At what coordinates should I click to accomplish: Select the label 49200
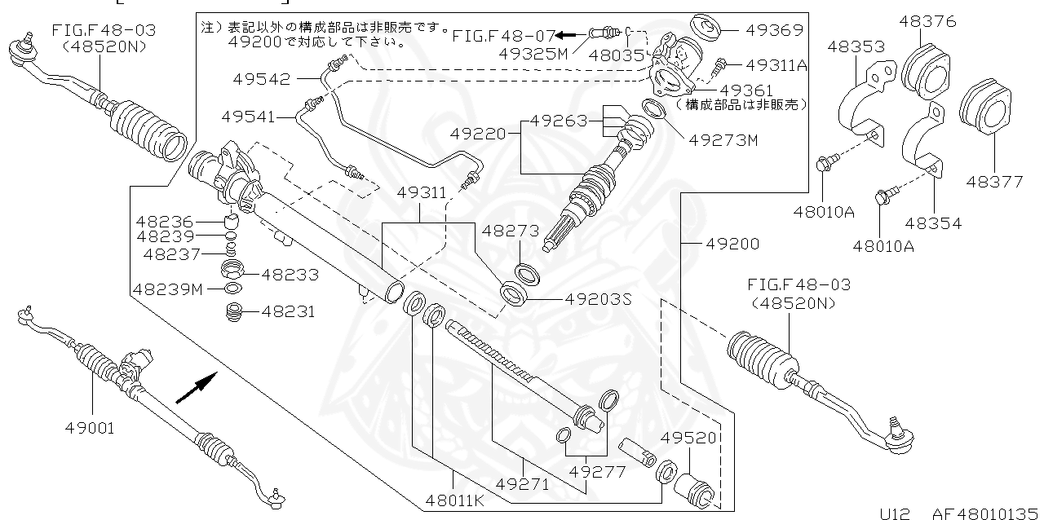[x=732, y=244]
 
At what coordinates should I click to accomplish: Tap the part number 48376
[x=927, y=21]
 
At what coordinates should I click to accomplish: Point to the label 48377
[x=994, y=182]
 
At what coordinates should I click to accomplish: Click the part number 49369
[x=773, y=30]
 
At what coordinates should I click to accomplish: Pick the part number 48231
[x=283, y=311]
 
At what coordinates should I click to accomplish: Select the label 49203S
[x=599, y=299]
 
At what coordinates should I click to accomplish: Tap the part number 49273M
[x=723, y=140]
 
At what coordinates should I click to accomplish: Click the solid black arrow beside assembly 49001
[x=197, y=387]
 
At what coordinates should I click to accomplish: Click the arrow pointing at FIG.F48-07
[x=568, y=35]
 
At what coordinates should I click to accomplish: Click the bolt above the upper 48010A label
[x=823, y=166]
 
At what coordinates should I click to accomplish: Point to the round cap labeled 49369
[x=704, y=29]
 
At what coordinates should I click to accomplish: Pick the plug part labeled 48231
[x=236, y=312]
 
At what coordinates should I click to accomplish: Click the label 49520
[x=688, y=438]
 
